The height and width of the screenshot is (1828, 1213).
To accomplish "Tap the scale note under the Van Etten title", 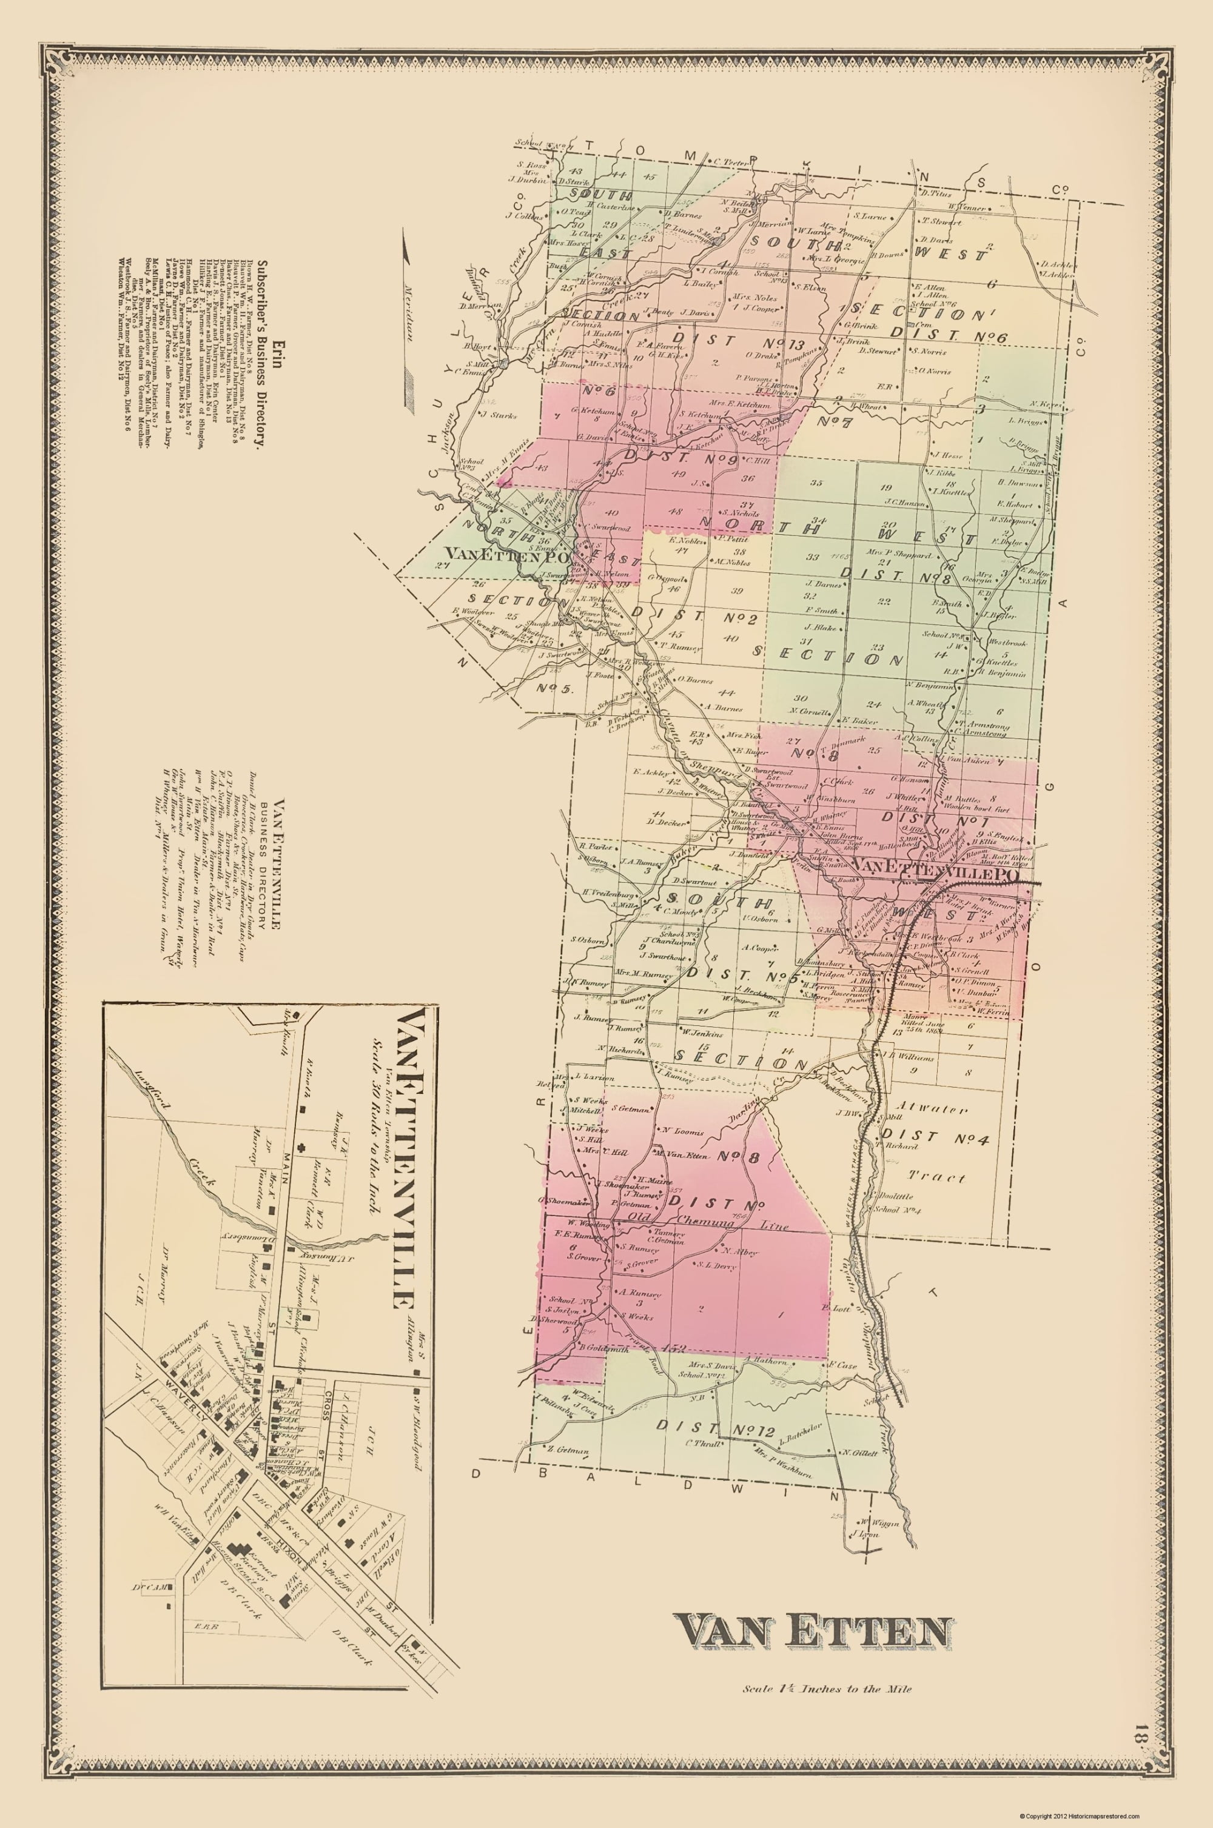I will click(x=826, y=1682).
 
